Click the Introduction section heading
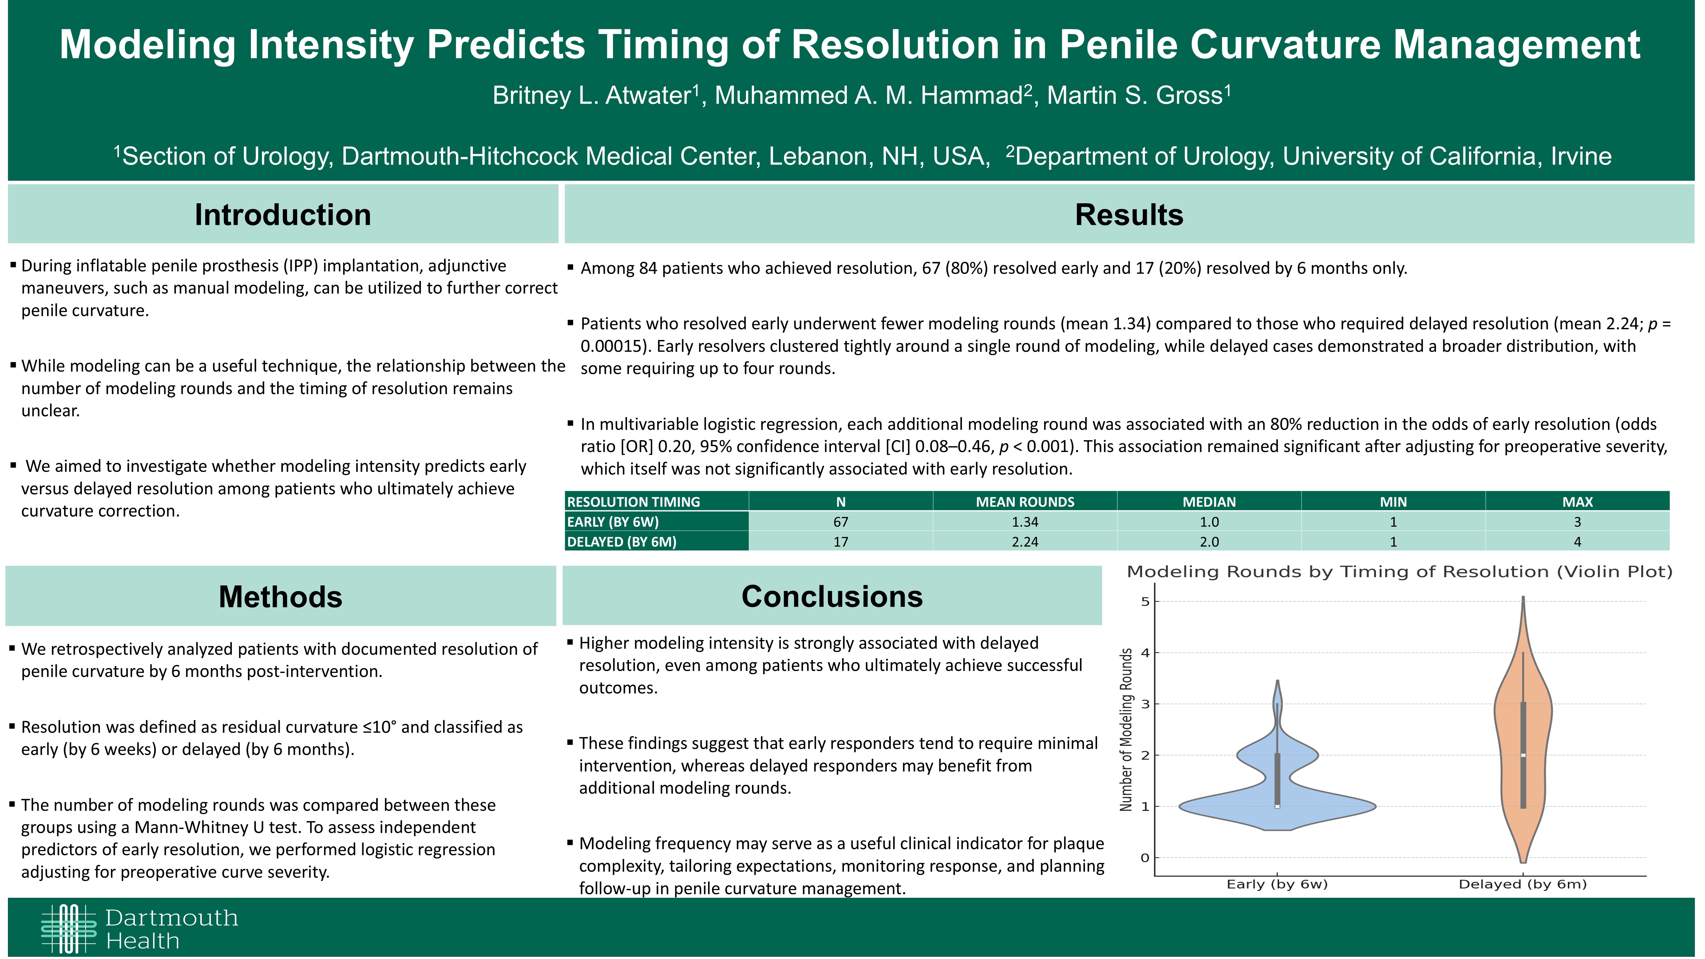tap(283, 214)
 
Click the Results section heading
tap(1129, 214)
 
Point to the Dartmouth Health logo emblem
tap(69, 929)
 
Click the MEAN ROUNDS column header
tap(1025, 502)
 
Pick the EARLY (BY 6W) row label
tap(613, 522)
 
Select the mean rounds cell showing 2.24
tap(1025, 541)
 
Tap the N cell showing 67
tap(840, 522)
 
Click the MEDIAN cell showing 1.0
tap(1209, 522)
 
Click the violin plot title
tap(1399, 572)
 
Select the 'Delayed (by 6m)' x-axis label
tap(1522, 884)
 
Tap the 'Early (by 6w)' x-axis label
tap(1277, 884)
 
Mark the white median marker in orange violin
tap(1523, 755)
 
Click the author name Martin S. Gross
tap(1134, 95)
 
